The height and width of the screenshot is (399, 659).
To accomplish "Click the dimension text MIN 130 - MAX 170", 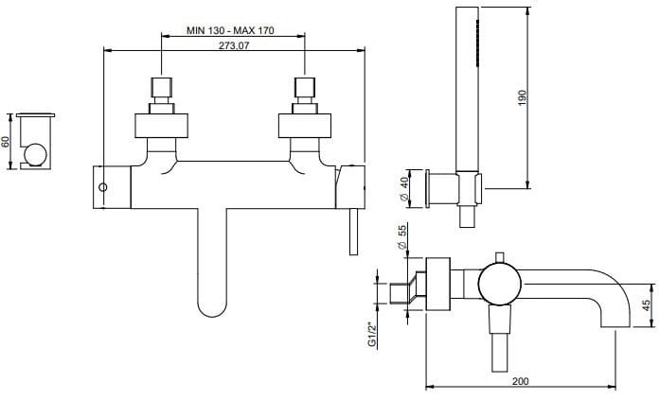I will [230, 31].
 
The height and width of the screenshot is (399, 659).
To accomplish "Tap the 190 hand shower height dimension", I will [520, 96].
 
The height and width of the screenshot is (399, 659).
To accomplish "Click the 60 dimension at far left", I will [7, 141].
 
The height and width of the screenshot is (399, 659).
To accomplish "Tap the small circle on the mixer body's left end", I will [104, 186].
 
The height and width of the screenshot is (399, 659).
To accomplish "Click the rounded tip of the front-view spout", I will [211, 304].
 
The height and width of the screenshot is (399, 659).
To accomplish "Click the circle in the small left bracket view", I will [36, 155].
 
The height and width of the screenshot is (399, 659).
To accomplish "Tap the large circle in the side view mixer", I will [498, 283].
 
